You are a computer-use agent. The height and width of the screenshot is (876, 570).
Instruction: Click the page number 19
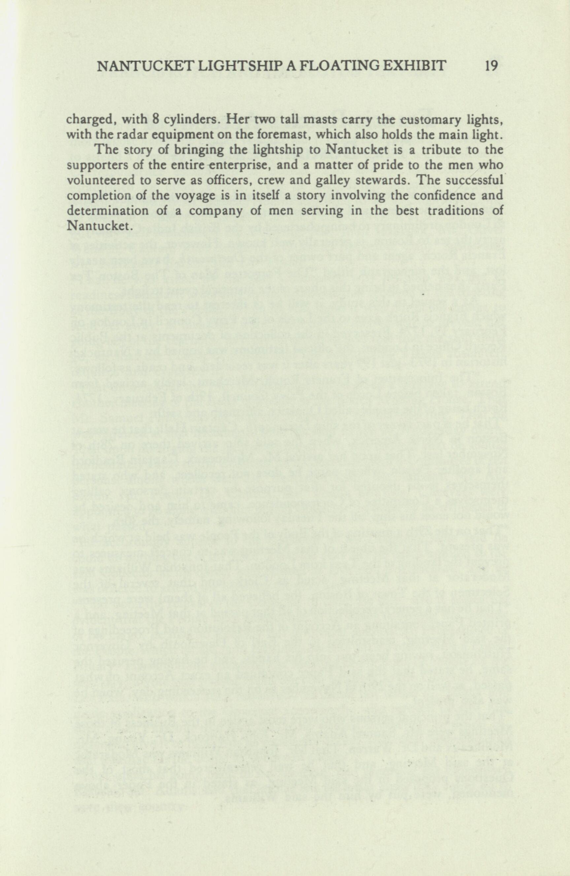click(491, 66)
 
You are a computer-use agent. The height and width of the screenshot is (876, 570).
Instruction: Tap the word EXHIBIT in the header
click(419, 66)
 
